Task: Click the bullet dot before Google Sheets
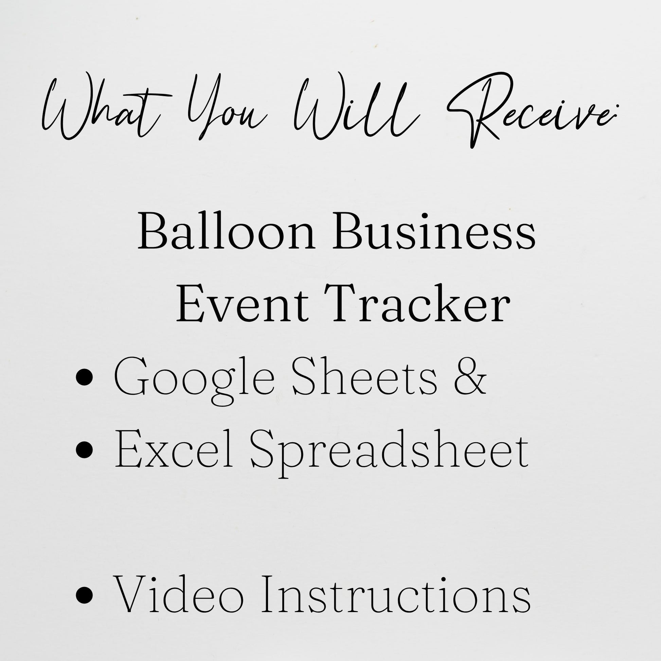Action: (85, 379)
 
